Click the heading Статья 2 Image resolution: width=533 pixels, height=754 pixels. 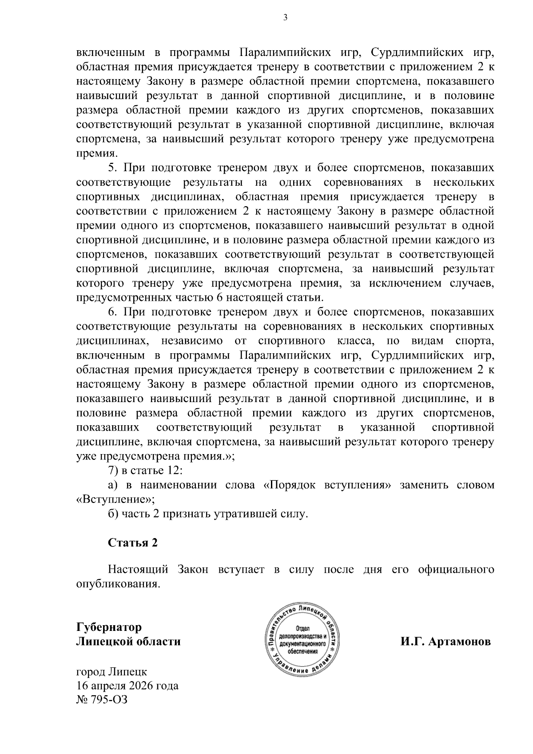tap(133, 543)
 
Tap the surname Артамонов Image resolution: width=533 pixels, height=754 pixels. tap(460, 642)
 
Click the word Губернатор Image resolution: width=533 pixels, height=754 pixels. tap(109, 627)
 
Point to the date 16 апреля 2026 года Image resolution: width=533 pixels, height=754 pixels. tap(127, 686)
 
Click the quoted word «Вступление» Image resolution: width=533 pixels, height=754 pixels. tap(115, 499)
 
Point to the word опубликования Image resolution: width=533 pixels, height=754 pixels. tap(118, 583)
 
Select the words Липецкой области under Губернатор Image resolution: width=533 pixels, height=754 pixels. tap(128, 642)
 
